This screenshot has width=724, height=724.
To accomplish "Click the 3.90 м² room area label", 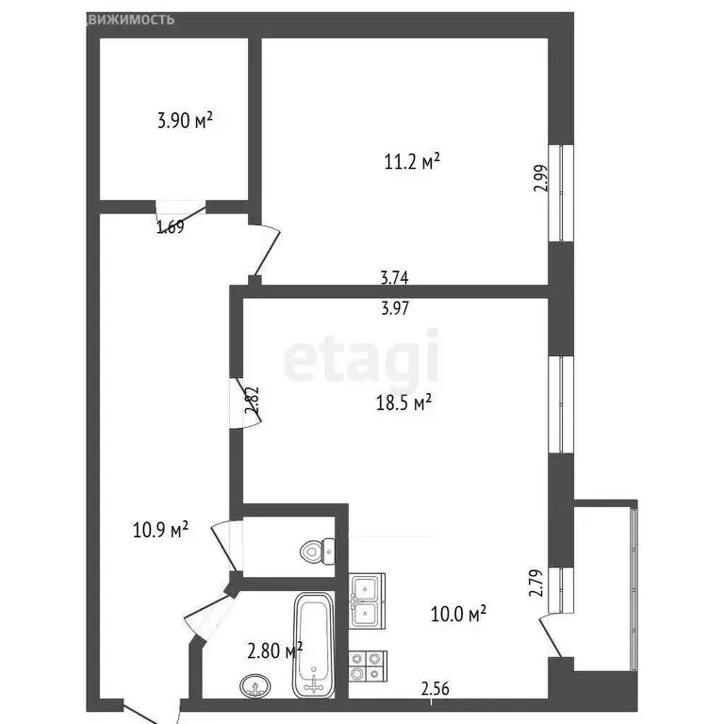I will coord(184,121).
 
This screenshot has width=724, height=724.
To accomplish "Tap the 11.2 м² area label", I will coord(412,162).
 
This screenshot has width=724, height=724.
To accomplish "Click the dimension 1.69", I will coord(170,226).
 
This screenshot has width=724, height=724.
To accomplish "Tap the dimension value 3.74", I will coord(394,278).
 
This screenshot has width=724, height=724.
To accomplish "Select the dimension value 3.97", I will coord(394,307).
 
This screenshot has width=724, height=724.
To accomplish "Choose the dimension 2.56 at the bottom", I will coord(435,689).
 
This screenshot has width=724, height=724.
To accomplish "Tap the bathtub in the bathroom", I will coord(312,643).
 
